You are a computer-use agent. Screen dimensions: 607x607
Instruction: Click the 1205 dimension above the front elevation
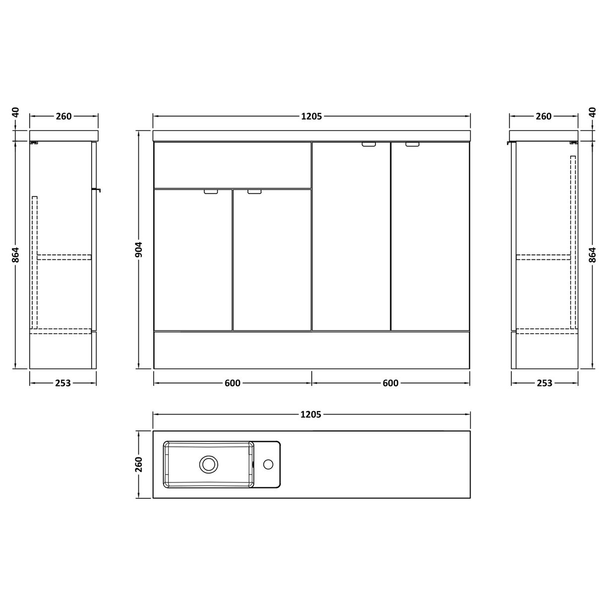[311, 117]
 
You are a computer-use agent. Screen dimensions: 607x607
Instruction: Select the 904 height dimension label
[139, 249]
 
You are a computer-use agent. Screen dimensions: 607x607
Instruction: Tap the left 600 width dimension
[232, 383]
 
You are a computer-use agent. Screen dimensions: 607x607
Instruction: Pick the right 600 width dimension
[390, 383]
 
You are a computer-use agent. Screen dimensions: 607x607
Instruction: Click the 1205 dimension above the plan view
[311, 414]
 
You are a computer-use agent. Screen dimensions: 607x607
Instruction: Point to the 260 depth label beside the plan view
[139, 464]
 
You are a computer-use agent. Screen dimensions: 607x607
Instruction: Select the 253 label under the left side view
[63, 383]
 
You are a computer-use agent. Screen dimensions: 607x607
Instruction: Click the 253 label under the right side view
[544, 383]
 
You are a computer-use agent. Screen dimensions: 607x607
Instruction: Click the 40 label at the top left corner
[16, 112]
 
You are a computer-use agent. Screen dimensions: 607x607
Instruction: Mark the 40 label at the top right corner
[592, 112]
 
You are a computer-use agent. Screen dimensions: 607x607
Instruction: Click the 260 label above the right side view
[544, 117]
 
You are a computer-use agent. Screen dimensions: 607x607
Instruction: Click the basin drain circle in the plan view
[208, 464]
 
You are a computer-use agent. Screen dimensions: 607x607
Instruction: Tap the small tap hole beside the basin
[268, 464]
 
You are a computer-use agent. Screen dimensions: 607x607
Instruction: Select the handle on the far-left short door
[211, 191]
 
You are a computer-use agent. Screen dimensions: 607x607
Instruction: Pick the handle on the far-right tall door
[413, 145]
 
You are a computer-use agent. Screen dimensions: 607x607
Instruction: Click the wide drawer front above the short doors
[232, 165]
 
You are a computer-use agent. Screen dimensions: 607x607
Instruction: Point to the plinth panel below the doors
[311, 350]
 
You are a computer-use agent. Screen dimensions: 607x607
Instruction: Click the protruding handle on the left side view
[97, 189]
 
